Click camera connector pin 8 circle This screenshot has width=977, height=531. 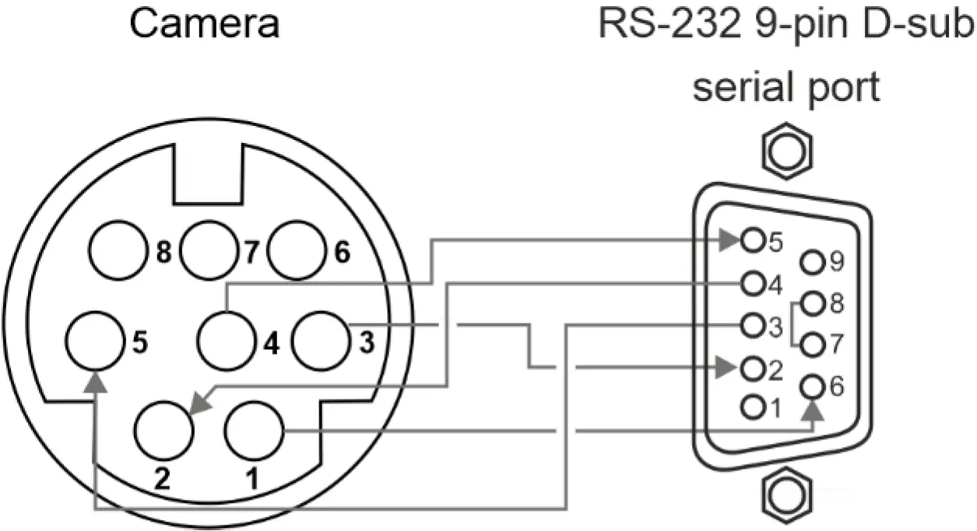(118, 252)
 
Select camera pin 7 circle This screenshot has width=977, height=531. (209, 250)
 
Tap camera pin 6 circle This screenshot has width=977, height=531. (298, 250)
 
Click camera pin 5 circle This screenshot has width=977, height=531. (94, 341)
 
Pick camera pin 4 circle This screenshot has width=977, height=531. (227, 341)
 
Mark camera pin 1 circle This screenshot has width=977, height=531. (255, 431)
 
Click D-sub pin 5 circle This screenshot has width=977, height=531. (753, 240)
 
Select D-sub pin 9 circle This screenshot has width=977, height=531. (814, 262)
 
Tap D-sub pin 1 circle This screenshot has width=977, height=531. (753, 406)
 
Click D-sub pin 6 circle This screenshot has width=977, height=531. (814, 386)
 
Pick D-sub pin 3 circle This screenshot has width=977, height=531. (753, 324)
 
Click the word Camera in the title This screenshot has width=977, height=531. (204, 24)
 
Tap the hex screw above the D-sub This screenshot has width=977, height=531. (787, 152)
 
